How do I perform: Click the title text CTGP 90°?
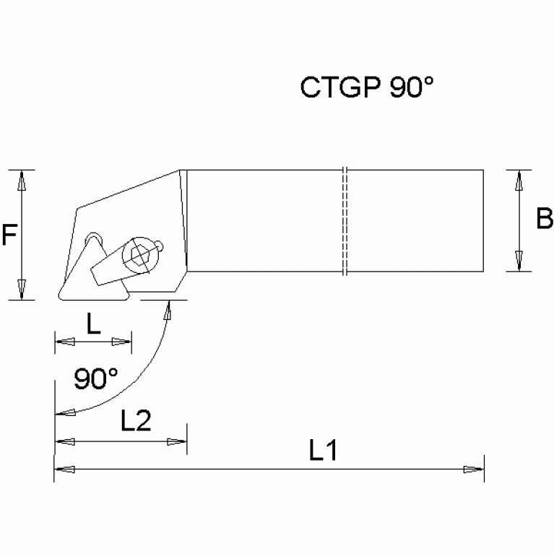tap(367, 87)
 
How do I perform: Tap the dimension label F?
tap(9, 235)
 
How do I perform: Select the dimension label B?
tap(544, 218)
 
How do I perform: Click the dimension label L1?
tap(324, 451)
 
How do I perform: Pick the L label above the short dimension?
tap(93, 324)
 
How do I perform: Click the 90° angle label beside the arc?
tap(96, 378)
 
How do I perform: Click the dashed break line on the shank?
tap(346, 220)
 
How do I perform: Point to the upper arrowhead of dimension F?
tap(22, 180)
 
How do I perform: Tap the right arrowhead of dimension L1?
tap(474, 469)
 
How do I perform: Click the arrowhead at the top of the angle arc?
tap(169, 308)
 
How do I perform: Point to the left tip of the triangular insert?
tap(56, 296)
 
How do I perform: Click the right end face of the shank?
tap(482, 220)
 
